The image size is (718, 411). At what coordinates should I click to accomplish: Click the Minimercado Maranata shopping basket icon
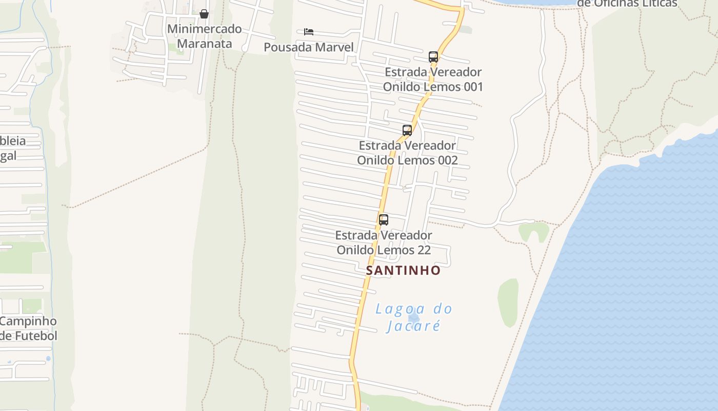pyautogui.click(x=204, y=14)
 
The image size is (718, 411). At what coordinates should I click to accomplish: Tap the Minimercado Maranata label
pyautogui.click(x=204, y=36)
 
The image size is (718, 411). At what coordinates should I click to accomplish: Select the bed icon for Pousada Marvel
pyautogui.click(x=308, y=32)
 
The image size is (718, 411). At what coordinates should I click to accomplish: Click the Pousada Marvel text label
pyautogui.click(x=308, y=47)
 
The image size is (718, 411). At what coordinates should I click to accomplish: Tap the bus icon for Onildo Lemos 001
pyautogui.click(x=433, y=57)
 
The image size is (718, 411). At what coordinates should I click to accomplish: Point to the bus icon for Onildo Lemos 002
pyautogui.click(x=407, y=130)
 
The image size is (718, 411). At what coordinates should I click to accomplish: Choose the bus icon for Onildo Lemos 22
pyautogui.click(x=384, y=220)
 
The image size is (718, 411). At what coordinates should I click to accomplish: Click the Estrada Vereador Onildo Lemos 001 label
pyautogui.click(x=433, y=79)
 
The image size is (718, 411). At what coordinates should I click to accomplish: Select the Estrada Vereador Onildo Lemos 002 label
pyautogui.click(x=407, y=153)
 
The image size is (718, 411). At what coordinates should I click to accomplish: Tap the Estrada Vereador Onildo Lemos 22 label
pyautogui.click(x=384, y=242)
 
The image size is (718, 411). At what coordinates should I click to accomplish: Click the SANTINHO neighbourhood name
pyautogui.click(x=403, y=270)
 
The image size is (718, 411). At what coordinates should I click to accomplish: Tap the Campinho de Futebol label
pyautogui.click(x=28, y=328)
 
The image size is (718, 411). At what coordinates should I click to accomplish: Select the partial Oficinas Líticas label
pyautogui.click(x=627, y=4)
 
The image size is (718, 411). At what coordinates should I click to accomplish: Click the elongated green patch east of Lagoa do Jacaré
pyautogui.click(x=508, y=303)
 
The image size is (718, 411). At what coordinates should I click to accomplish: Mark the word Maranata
pyautogui.click(x=204, y=44)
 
